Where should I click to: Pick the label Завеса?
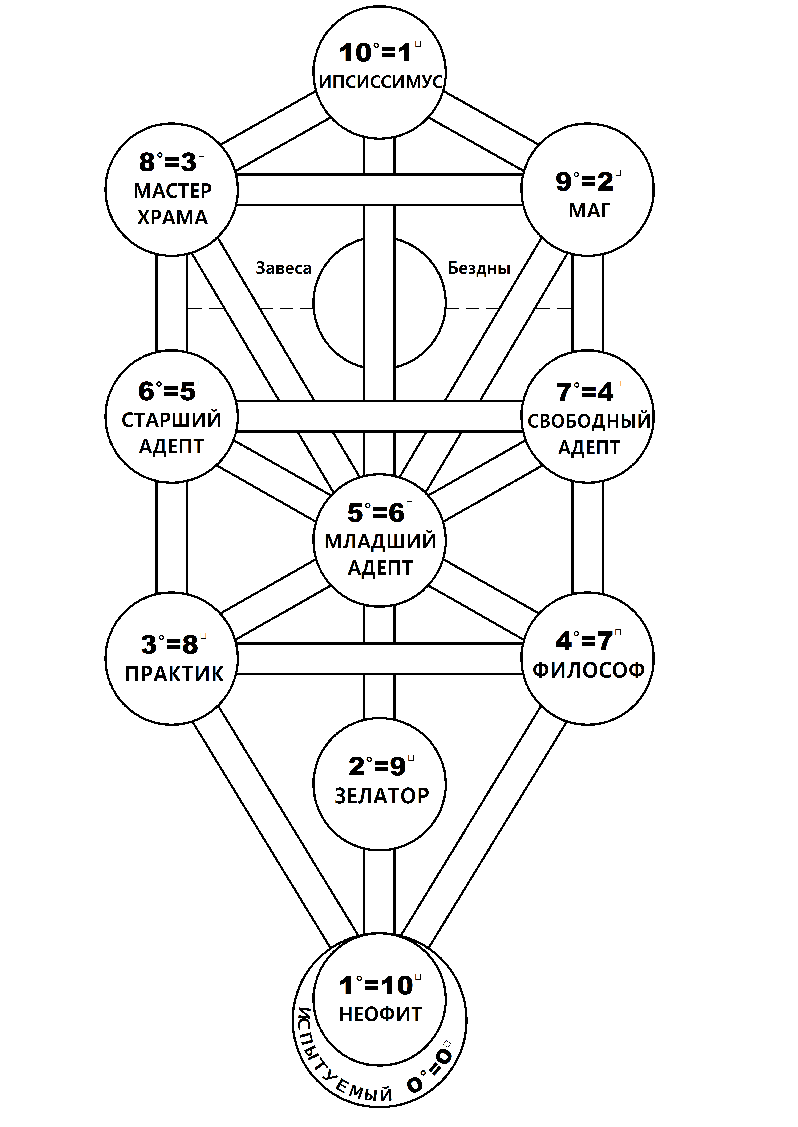(x=284, y=268)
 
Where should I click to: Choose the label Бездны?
(x=479, y=268)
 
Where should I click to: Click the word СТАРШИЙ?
(x=171, y=420)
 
